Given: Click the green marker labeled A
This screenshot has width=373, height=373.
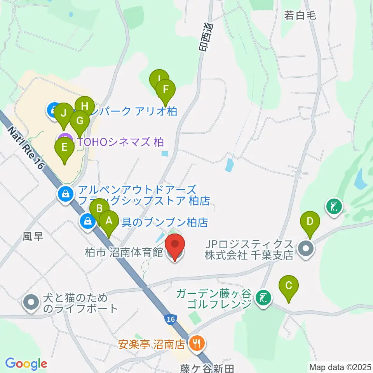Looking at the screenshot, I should (x=109, y=221).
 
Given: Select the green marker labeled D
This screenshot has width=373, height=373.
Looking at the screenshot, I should (x=310, y=222).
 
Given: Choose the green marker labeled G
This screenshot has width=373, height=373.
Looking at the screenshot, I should (x=80, y=121).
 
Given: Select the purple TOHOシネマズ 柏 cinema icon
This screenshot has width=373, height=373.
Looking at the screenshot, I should (x=64, y=140).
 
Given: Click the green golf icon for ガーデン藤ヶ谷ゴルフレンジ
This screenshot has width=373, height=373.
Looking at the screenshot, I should (x=264, y=298).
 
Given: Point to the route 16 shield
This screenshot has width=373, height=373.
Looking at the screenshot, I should (x=170, y=319).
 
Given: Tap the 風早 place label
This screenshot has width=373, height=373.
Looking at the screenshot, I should (x=32, y=236).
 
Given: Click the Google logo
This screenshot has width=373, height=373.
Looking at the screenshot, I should (x=26, y=364).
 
